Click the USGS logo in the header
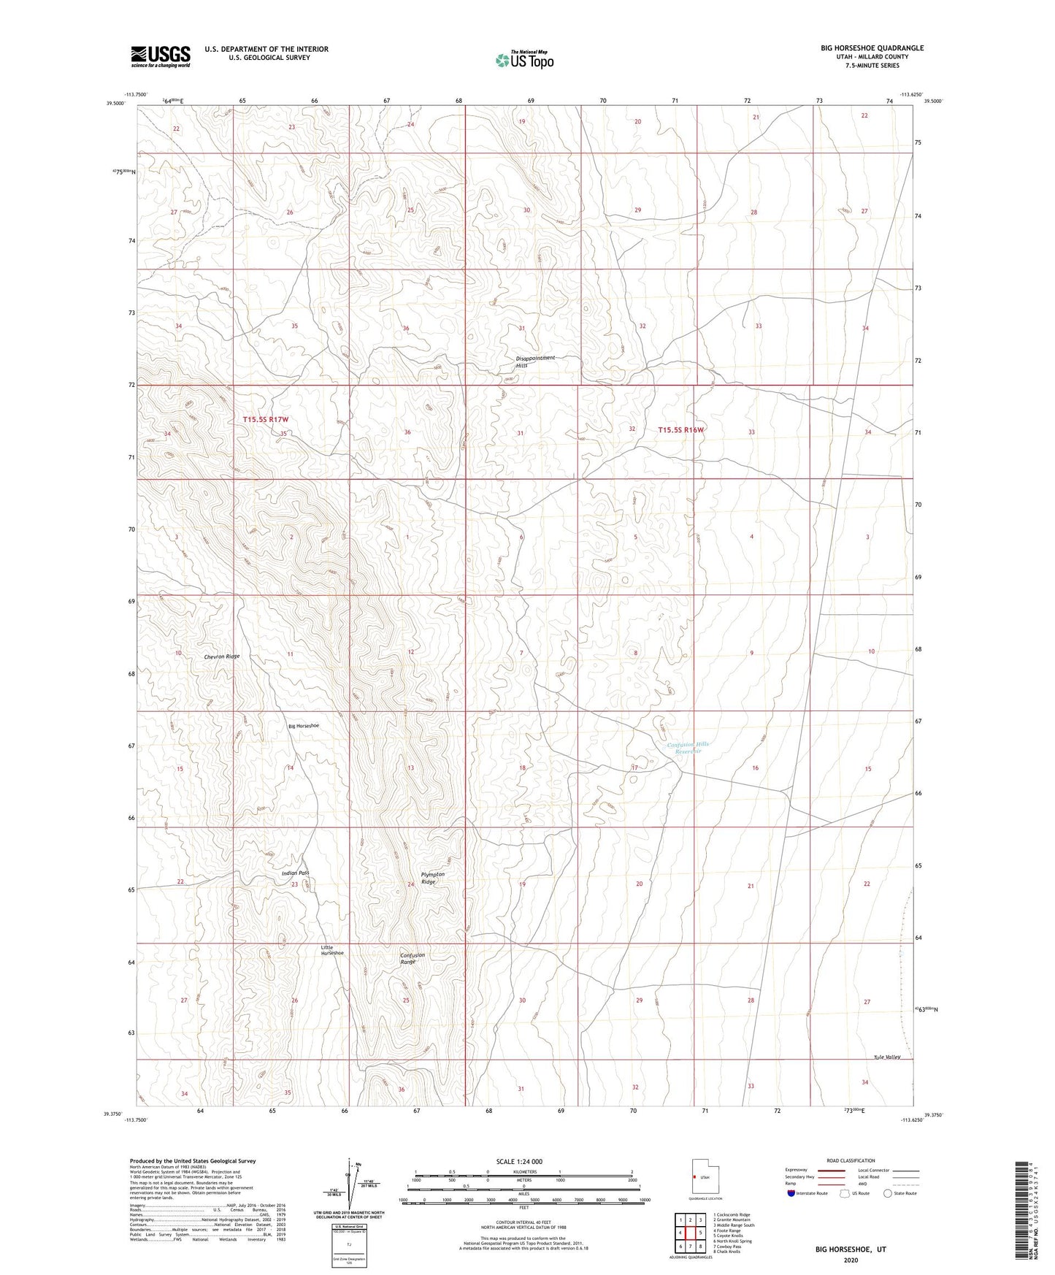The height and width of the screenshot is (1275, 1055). click(x=161, y=56)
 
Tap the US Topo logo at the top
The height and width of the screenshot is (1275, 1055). click(x=524, y=60)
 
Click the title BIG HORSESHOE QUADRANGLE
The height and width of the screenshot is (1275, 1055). click(x=872, y=48)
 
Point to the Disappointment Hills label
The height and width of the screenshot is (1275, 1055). click(x=536, y=361)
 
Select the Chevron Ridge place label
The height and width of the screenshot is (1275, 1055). click(x=222, y=656)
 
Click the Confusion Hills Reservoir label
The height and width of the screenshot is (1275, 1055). click(x=688, y=747)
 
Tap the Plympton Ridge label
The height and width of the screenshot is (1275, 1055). click(x=432, y=878)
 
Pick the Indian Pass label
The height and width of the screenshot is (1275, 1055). click(x=296, y=873)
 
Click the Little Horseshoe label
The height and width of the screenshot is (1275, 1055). click(x=332, y=950)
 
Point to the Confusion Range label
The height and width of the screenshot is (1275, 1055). click(x=412, y=958)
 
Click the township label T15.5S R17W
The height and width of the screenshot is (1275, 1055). click(x=266, y=419)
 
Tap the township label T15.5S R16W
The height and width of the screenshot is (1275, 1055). click(x=680, y=430)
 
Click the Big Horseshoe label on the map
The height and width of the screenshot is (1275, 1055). click(x=303, y=726)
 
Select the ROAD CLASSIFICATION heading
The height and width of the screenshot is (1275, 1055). click(x=851, y=1160)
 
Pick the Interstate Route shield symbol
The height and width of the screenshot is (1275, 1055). click(x=791, y=1193)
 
